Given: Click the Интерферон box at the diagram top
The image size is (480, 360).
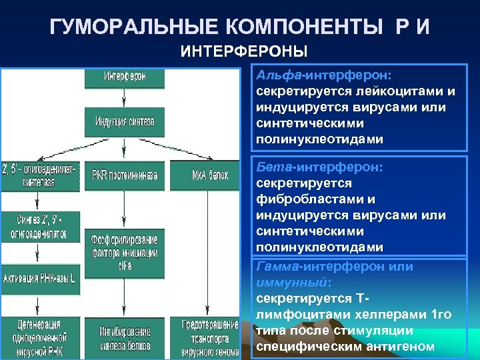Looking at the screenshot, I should [x=124, y=77].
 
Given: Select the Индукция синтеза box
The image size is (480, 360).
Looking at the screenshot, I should [x=124, y=121].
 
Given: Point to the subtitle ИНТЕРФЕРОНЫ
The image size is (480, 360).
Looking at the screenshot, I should [x=245, y=51].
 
